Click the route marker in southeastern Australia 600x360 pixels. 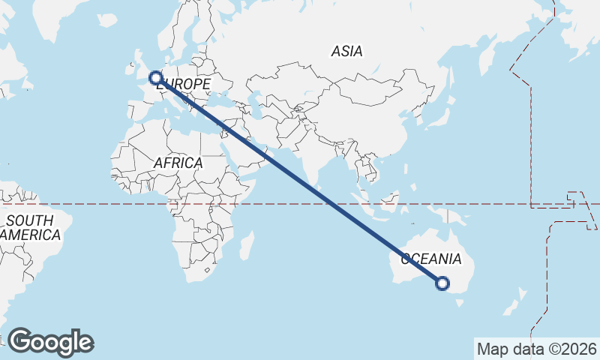pos(442,283)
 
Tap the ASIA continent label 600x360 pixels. pos(346,52)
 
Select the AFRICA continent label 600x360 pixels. pos(178,163)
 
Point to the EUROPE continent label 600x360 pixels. pos(184,85)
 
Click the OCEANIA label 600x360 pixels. pos(431,259)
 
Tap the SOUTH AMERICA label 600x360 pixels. pos(30,228)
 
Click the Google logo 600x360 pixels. pos(50,341)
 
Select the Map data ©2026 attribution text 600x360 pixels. pos(537,349)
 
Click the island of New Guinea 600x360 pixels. pos(451,218)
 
